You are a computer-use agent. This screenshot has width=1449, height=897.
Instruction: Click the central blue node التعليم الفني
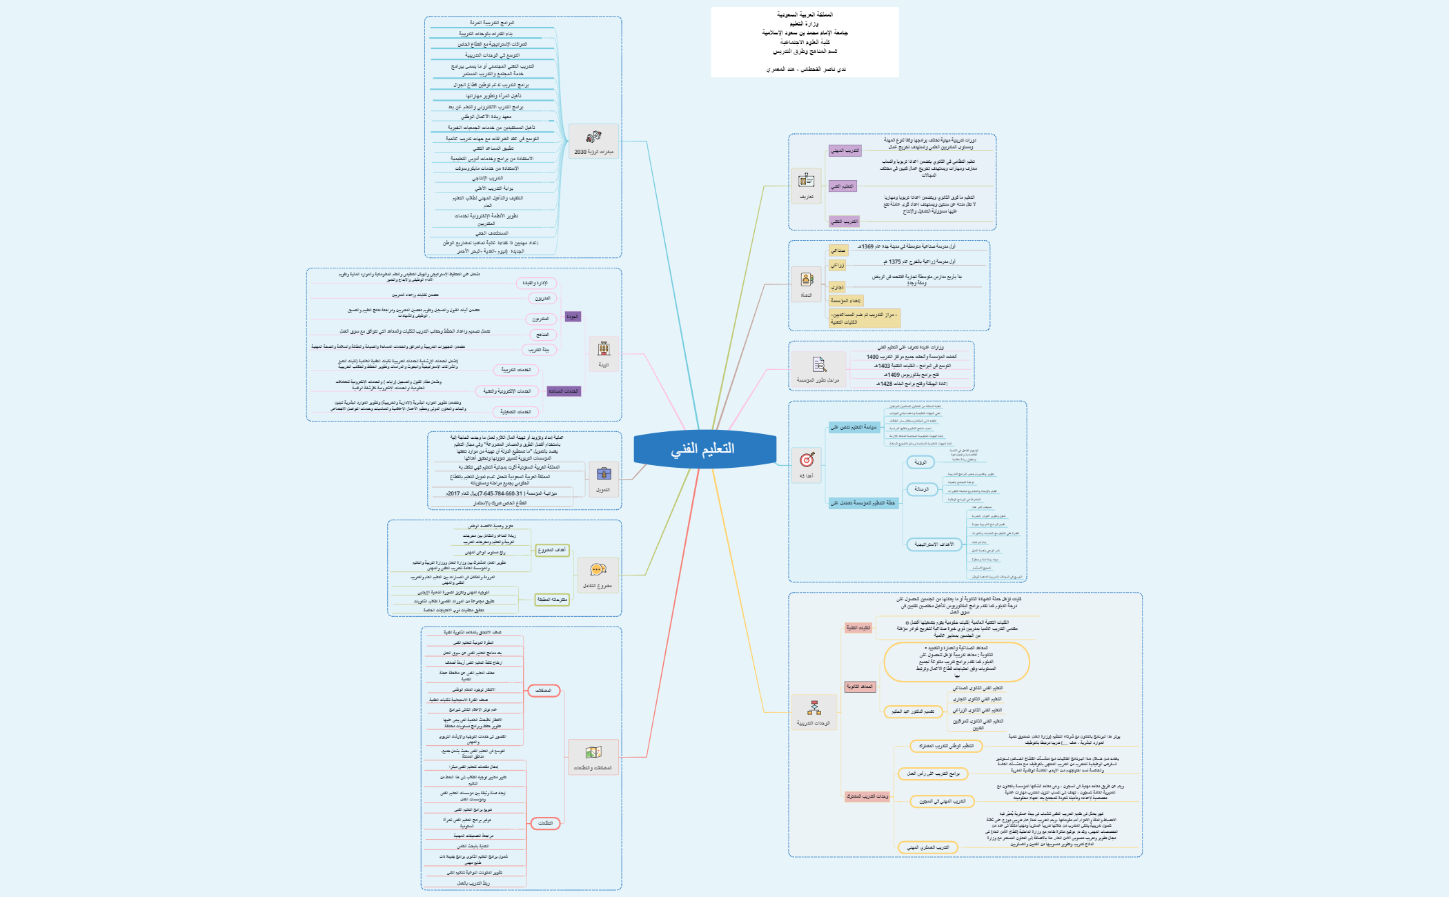click(x=704, y=449)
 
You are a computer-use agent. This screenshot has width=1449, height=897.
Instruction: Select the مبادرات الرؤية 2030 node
click(x=593, y=152)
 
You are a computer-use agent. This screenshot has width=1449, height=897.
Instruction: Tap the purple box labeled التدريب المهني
click(x=845, y=150)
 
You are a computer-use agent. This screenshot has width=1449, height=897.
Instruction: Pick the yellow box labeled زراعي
click(x=837, y=265)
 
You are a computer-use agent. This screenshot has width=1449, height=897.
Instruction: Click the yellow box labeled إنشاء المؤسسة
click(x=845, y=300)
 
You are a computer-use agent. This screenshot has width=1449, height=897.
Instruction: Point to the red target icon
click(x=807, y=460)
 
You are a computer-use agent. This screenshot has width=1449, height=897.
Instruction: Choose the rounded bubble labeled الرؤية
click(x=920, y=462)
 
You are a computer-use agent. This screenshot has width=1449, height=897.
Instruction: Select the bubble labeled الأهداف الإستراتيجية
click(x=934, y=544)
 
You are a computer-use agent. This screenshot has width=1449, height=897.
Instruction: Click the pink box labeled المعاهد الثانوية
click(x=859, y=687)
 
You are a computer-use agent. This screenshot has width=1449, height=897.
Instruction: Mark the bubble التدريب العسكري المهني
click(x=928, y=847)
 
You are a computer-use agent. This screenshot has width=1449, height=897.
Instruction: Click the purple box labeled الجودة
click(x=573, y=317)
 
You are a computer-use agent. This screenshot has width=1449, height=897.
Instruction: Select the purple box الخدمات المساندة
click(x=563, y=391)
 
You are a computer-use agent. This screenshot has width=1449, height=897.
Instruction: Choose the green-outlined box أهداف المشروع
click(x=552, y=550)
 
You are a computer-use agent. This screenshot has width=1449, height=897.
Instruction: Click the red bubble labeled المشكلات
click(x=544, y=691)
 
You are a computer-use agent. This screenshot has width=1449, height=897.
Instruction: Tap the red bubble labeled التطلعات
click(x=545, y=823)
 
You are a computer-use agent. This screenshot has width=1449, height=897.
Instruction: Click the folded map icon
click(x=593, y=752)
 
